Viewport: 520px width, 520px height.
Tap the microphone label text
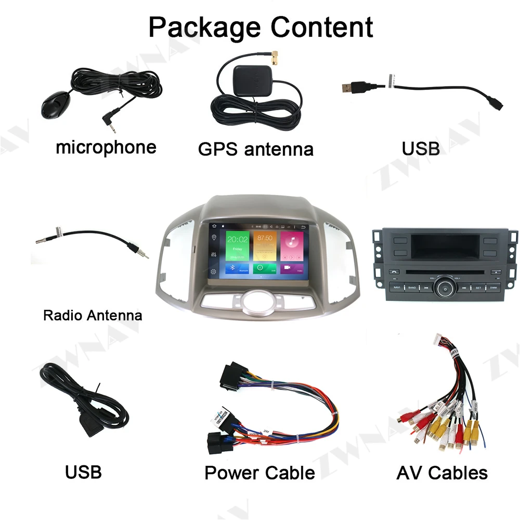point(106,147)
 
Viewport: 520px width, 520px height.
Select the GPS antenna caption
point(255,149)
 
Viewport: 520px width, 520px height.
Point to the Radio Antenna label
point(93,315)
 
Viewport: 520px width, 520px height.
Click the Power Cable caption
point(259,473)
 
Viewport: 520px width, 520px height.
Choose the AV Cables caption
point(442,473)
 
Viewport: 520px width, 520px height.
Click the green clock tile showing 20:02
point(237,245)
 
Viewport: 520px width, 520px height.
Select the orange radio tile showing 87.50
point(265,245)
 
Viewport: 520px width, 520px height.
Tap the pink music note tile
point(292,245)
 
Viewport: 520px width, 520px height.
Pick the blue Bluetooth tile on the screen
point(237,268)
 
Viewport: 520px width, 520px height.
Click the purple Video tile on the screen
point(292,268)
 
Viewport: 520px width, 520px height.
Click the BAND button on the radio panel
point(412,287)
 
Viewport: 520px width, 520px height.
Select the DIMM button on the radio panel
point(492,287)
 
